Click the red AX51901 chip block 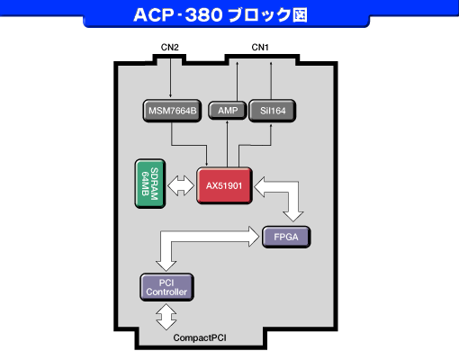point(224,185)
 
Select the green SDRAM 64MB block point(150,184)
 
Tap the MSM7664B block point(172,111)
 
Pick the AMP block point(228,111)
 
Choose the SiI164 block point(273,111)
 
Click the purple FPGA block point(286,237)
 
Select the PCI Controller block point(166,287)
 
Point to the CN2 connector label point(170,48)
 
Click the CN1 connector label point(260,48)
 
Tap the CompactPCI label point(200,337)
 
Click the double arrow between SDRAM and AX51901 point(181,185)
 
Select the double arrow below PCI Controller point(166,317)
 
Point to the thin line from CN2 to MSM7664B point(170,77)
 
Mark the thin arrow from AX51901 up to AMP point(227,144)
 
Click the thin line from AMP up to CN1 point(237,81)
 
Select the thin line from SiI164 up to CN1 point(271,81)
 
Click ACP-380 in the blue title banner point(178,14)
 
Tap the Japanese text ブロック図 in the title point(267,15)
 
